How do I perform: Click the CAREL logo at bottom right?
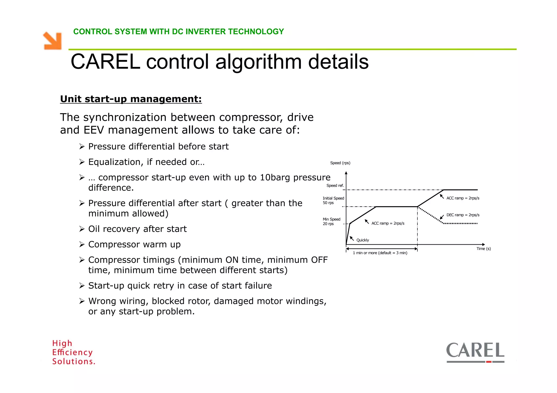(x=475, y=352)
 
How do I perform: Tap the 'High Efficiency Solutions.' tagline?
(x=73, y=352)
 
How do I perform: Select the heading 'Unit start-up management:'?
(x=131, y=99)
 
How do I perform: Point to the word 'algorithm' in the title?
(x=258, y=62)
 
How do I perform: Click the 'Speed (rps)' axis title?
(x=340, y=163)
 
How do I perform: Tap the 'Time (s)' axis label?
(x=483, y=249)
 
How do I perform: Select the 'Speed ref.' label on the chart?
(x=335, y=186)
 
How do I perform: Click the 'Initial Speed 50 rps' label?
(x=333, y=200)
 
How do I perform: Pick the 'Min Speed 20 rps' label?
(x=331, y=221)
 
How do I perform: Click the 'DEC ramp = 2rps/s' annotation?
(x=463, y=215)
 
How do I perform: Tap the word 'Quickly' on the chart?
(x=363, y=240)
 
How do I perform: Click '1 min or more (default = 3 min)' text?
(x=380, y=253)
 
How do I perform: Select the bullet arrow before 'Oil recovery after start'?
(x=82, y=229)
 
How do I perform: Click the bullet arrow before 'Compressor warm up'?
(x=82, y=244)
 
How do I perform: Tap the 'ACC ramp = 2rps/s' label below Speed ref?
(x=463, y=198)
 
